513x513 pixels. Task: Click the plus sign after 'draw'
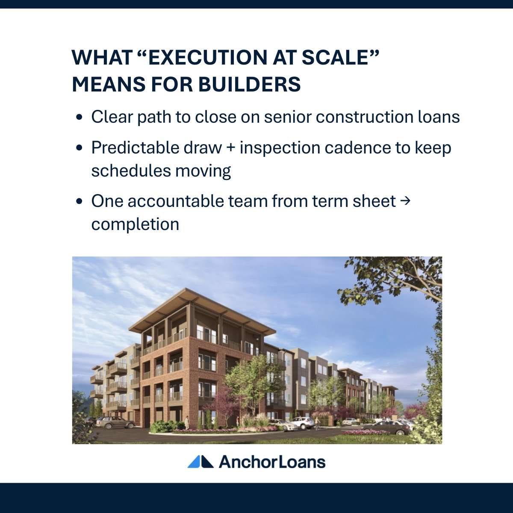coord(231,148)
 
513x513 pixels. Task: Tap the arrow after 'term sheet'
coord(406,201)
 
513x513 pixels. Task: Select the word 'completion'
coord(135,224)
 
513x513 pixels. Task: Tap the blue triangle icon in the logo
coord(200,462)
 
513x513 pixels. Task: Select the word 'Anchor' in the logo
coord(245,462)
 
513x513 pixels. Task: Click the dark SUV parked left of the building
coord(116,422)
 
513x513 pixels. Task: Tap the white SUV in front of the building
coord(302,423)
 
